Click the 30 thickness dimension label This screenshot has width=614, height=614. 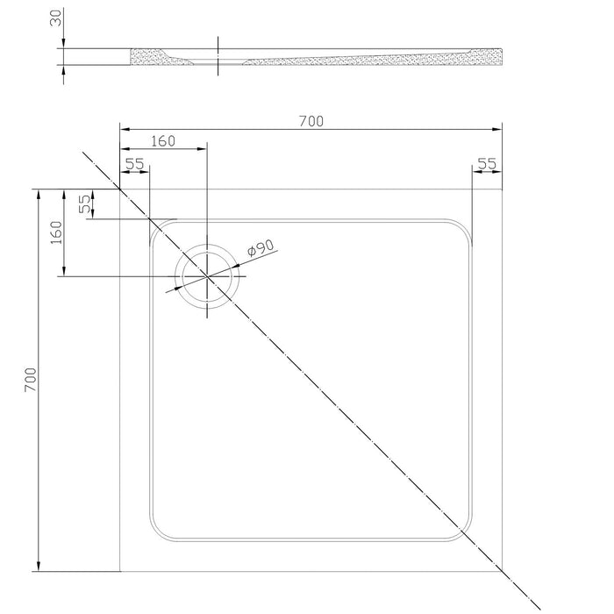click(56, 18)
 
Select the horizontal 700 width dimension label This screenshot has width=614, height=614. click(311, 121)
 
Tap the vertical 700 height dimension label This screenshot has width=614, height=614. click(30, 380)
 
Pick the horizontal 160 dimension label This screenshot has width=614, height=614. click(163, 141)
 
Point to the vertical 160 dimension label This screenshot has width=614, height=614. click(56, 232)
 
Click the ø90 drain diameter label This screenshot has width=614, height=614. click(261, 247)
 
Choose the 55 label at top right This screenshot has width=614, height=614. click(487, 164)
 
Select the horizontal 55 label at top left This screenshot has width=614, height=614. click(135, 164)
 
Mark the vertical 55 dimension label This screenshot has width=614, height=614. click(84, 204)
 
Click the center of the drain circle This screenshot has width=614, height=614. click(207, 276)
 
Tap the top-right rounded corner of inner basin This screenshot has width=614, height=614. click(463, 228)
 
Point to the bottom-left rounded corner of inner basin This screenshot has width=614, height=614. click(159, 532)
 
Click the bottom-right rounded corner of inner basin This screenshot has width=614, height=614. click(463, 532)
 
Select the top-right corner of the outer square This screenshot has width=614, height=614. click(502, 189)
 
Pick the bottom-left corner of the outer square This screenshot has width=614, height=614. click(119, 571)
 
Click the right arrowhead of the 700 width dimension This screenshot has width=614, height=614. click(497, 129)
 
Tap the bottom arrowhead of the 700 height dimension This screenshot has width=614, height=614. click(39, 567)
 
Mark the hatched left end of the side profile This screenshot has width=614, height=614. click(161, 57)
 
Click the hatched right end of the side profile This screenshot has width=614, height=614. click(486, 57)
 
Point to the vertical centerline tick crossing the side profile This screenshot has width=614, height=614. click(218, 55)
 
